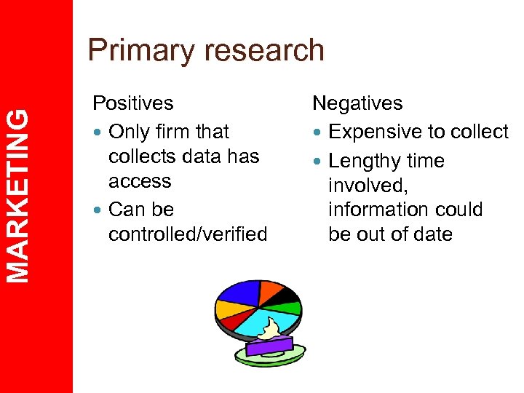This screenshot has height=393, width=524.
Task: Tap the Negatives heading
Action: tap(357, 103)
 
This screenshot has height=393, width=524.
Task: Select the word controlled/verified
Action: tap(188, 234)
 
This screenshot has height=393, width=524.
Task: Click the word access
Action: tap(140, 181)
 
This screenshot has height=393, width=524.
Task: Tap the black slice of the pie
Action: tap(287, 294)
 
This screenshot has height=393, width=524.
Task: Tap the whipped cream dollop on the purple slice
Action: tap(274, 330)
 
